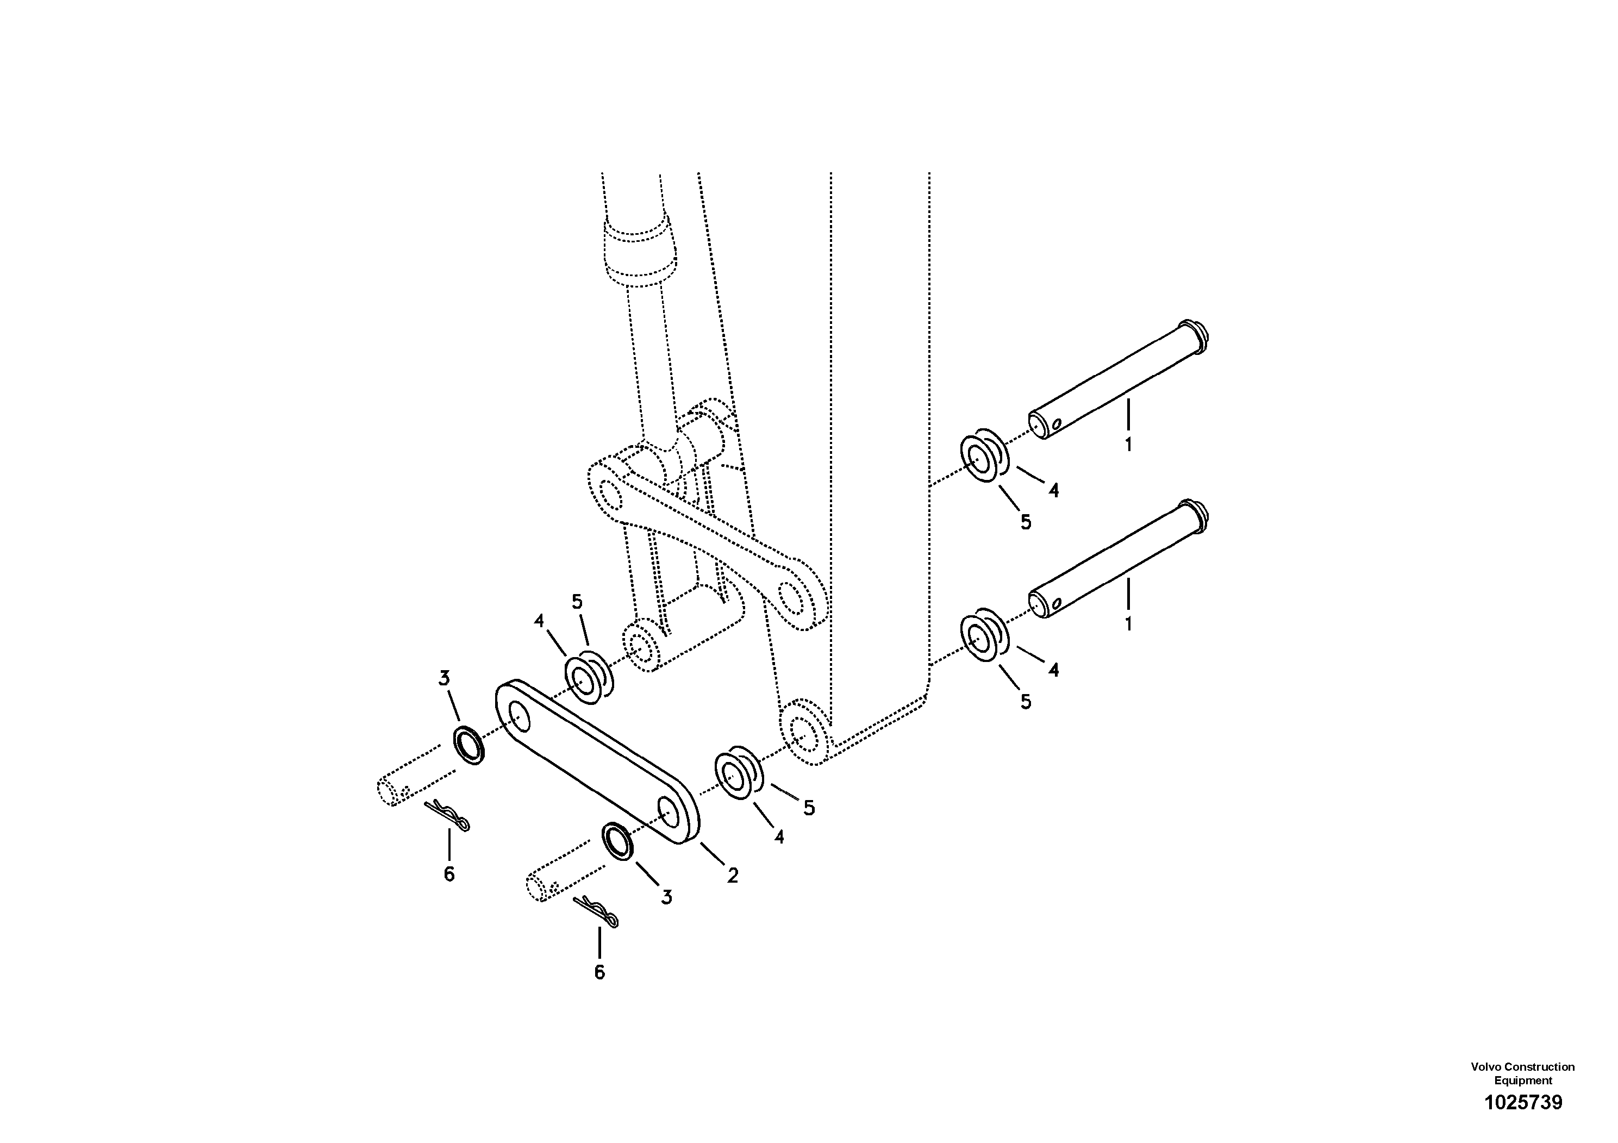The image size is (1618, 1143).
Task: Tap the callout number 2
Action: point(733,876)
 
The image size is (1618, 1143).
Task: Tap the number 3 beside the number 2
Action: point(666,897)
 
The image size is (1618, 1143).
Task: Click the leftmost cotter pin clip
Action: point(447,815)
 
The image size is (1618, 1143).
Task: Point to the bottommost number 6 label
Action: point(599,972)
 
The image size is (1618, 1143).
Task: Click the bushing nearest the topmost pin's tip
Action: point(984,459)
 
